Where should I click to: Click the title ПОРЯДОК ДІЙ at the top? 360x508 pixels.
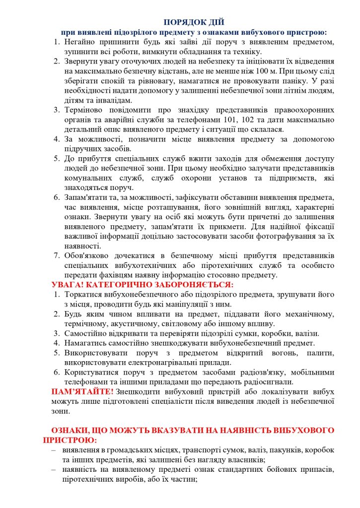click(194, 22)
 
